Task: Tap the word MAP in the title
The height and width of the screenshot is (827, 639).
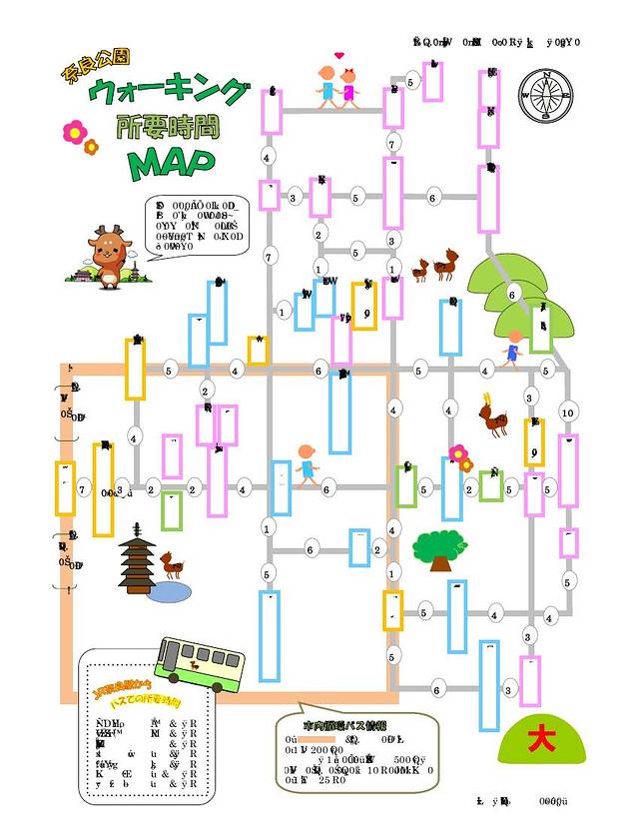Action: click(172, 163)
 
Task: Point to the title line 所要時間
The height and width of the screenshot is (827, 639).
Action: click(168, 128)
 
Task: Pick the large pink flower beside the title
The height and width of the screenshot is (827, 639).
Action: click(74, 130)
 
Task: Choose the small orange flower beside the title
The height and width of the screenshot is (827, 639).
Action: click(92, 147)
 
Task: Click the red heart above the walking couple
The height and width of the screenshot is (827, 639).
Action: click(339, 55)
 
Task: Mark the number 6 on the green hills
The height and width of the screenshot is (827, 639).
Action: click(511, 295)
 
